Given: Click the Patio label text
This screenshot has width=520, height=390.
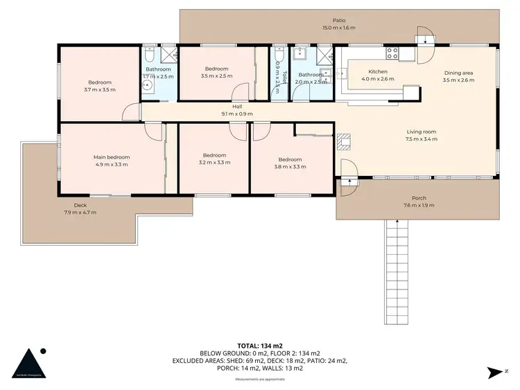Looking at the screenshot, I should point(338,21).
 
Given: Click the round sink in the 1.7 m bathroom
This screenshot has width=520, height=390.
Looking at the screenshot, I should point(147,86).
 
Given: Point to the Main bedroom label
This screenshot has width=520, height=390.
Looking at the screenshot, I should point(112,157).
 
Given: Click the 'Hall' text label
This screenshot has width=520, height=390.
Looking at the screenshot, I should point(237,107).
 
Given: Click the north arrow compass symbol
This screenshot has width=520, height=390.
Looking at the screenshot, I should point(495,373).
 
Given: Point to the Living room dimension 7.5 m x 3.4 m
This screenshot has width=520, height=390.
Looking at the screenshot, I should point(422,139).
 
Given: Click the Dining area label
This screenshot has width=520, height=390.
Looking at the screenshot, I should point(458,72).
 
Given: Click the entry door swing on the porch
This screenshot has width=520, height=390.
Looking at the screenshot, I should point(349,172).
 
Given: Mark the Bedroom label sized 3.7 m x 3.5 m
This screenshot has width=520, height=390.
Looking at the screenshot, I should point(98,82).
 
